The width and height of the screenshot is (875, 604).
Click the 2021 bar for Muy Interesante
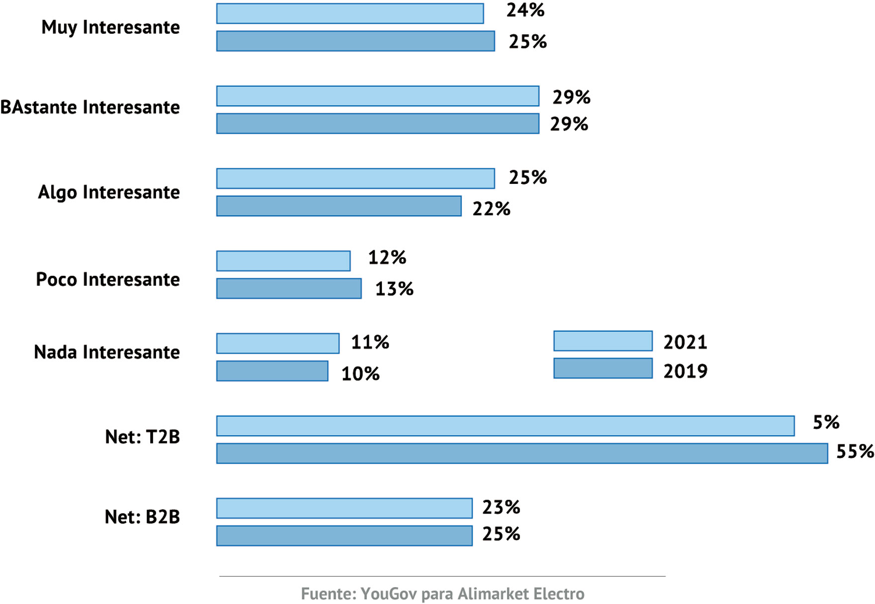[x=350, y=13]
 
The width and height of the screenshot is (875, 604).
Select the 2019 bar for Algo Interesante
[x=339, y=206]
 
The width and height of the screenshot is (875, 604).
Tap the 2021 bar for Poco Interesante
[x=283, y=261]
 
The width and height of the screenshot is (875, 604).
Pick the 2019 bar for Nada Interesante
[x=272, y=371]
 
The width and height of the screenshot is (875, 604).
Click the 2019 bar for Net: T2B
[x=522, y=453]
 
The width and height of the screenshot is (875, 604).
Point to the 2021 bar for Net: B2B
[x=344, y=508]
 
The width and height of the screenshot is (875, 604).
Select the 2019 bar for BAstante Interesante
[x=377, y=124]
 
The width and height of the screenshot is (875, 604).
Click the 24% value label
[x=525, y=10]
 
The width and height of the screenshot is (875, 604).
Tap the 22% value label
[x=491, y=209]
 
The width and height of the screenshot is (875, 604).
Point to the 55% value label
[x=855, y=451]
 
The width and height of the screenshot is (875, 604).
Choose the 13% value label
[x=394, y=289]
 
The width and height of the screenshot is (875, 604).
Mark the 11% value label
[x=370, y=343]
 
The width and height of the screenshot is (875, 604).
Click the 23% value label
[x=501, y=508]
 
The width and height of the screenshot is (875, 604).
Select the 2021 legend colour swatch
[x=603, y=341]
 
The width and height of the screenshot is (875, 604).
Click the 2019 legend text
[x=685, y=371]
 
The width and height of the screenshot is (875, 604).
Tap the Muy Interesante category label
[x=110, y=27]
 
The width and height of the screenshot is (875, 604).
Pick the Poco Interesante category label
[x=107, y=279]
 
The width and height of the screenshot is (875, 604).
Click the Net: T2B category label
[x=142, y=437]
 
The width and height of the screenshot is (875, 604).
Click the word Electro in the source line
[x=559, y=594]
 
